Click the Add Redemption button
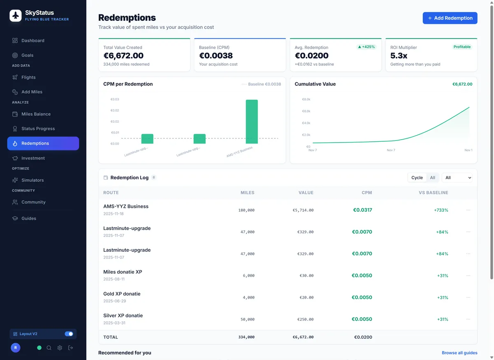(x=450, y=18)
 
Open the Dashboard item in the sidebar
(x=33, y=40)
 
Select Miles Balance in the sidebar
(x=36, y=114)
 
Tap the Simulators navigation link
(x=33, y=180)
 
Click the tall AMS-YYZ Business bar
(x=252, y=122)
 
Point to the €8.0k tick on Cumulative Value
(x=306, y=99)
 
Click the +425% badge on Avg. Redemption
(x=366, y=47)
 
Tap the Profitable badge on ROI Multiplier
(x=462, y=47)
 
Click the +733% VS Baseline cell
(x=441, y=210)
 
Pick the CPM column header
(x=366, y=192)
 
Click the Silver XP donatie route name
(x=123, y=316)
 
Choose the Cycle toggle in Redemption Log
(x=417, y=178)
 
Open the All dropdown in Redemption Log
(x=457, y=178)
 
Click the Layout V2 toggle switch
(x=69, y=334)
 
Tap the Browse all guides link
(x=459, y=353)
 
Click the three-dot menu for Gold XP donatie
(x=468, y=297)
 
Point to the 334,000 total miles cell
(x=246, y=337)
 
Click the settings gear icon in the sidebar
(x=60, y=348)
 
